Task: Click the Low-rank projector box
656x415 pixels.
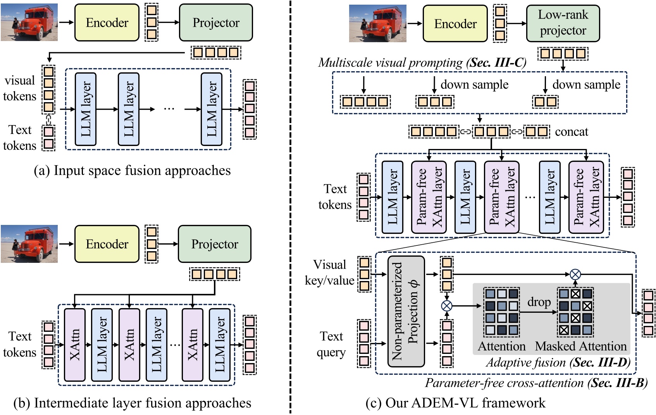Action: click(563, 23)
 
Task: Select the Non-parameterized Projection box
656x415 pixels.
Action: click(406, 311)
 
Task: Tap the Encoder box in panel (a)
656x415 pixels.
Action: click(107, 23)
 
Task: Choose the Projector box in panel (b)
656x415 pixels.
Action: click(215, 244)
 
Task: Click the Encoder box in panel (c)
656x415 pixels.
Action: click(455, 24)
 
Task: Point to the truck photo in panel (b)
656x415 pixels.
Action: click(29, 244)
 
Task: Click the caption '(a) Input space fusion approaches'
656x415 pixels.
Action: click(132, 171)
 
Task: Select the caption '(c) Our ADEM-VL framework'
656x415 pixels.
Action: click(455, 403)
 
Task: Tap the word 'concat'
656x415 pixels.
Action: click(571, 132)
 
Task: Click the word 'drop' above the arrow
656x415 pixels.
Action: click(539, 302)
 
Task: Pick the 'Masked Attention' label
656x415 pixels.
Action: click(580, 346)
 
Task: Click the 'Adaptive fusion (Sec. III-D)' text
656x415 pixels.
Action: click(558, 362)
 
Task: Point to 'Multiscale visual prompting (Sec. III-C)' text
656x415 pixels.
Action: click(422, 63)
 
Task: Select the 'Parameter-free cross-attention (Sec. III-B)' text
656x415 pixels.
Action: click(536, 383)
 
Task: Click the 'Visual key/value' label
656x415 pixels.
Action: click(329, 273)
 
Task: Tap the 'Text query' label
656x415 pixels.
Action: click(331, 344)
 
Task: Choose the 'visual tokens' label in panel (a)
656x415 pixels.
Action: click(19, 88)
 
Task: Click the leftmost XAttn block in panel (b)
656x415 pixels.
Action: click(74, 345)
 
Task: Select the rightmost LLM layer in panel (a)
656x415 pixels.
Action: click(212, 109)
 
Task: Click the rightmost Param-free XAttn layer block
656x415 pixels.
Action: click(586, 197)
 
